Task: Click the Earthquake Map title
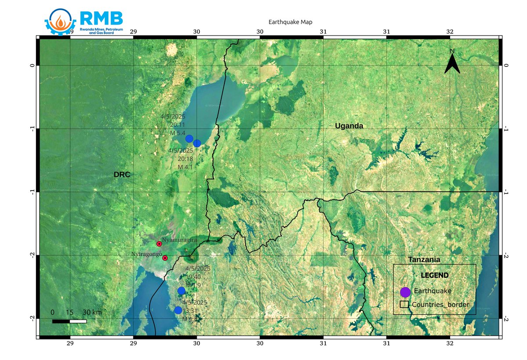coord(290,22)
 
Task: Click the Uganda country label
coord(349,126)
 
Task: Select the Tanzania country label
coord(424,259)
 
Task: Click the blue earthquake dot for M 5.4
coord(189,139)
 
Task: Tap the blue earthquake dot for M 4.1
coord(197,143)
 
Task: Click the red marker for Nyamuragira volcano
coord(159,244)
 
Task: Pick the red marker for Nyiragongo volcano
coord(165,258)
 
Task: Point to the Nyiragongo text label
coord(147,255)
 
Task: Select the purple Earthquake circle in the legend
coord(405,292)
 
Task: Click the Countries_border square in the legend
coord(404,304)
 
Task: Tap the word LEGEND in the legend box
coord(434,276)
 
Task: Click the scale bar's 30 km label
coord(92,312)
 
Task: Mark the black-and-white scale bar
coord(69,321)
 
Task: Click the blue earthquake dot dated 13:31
coord(178,310)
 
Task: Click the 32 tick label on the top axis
coord(450,32)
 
